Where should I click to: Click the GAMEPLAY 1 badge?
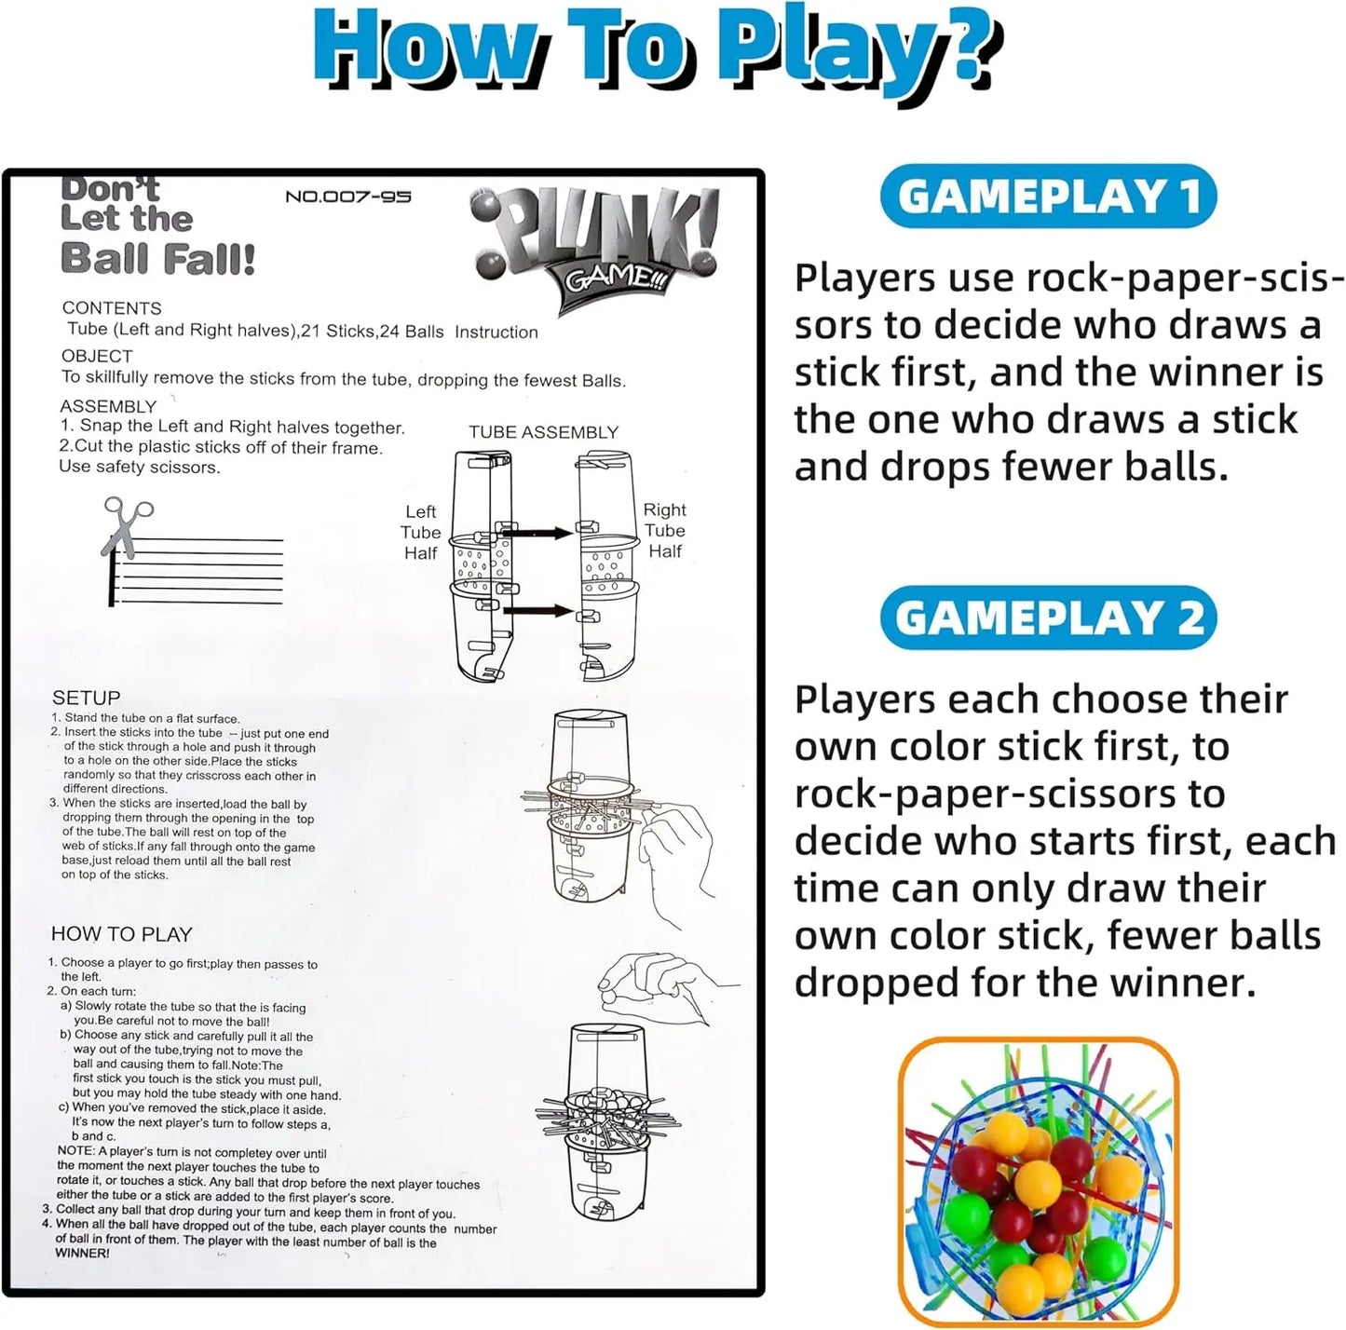[1047, 197]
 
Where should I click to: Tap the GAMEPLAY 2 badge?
[1049, 617]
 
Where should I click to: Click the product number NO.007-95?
[347, 197]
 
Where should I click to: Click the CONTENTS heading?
[112, 308]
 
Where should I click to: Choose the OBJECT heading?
[97, 356]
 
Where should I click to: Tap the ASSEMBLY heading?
[108, 406]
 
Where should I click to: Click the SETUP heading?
[86, 698]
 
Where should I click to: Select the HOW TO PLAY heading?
[121, 934]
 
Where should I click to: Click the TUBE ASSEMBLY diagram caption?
[543, 432]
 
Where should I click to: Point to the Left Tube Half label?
[421, 532]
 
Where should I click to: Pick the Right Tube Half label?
[665, 530]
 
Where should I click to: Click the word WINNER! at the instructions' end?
[83, 1253]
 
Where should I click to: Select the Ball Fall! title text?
[157, 258]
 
